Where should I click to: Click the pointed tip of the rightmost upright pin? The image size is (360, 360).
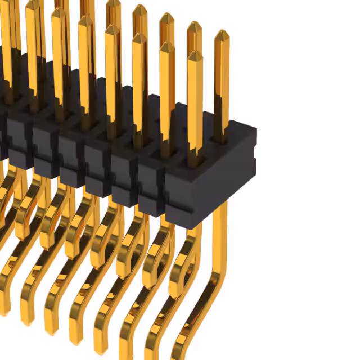pos(222,33)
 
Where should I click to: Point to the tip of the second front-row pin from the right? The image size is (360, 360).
pos(167,44)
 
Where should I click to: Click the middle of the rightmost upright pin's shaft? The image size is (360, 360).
pos(222,84)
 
